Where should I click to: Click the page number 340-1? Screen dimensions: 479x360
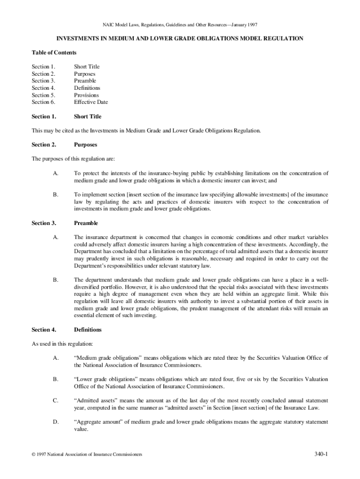[x=321, y=454]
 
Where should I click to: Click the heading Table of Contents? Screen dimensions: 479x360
[x=54, y=52]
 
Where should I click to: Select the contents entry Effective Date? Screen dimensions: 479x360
[x=91, y=102]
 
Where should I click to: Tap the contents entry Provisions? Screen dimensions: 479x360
[x=86, y=95]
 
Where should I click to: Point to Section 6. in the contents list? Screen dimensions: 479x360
[x=43, y=102]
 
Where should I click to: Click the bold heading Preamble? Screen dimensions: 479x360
[x=86, y=223]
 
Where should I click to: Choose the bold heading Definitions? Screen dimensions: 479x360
[x=87, y=330]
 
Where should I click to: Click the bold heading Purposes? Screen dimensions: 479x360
[x=86, y=145]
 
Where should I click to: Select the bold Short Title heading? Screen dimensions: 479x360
[x=87, y=116]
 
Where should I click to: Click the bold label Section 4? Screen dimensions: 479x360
[x=44, y=330]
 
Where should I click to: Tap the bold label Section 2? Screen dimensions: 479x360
[x=44, y=145]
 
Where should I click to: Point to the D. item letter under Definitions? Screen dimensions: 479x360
[x=56, y=422]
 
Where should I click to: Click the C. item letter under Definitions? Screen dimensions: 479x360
[x=56, y=401]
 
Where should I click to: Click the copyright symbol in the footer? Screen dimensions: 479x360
[x=33, y=455]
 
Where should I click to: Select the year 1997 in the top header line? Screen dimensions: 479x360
[x=252, y=24]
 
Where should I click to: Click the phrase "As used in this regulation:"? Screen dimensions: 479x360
[x=62, y=344]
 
